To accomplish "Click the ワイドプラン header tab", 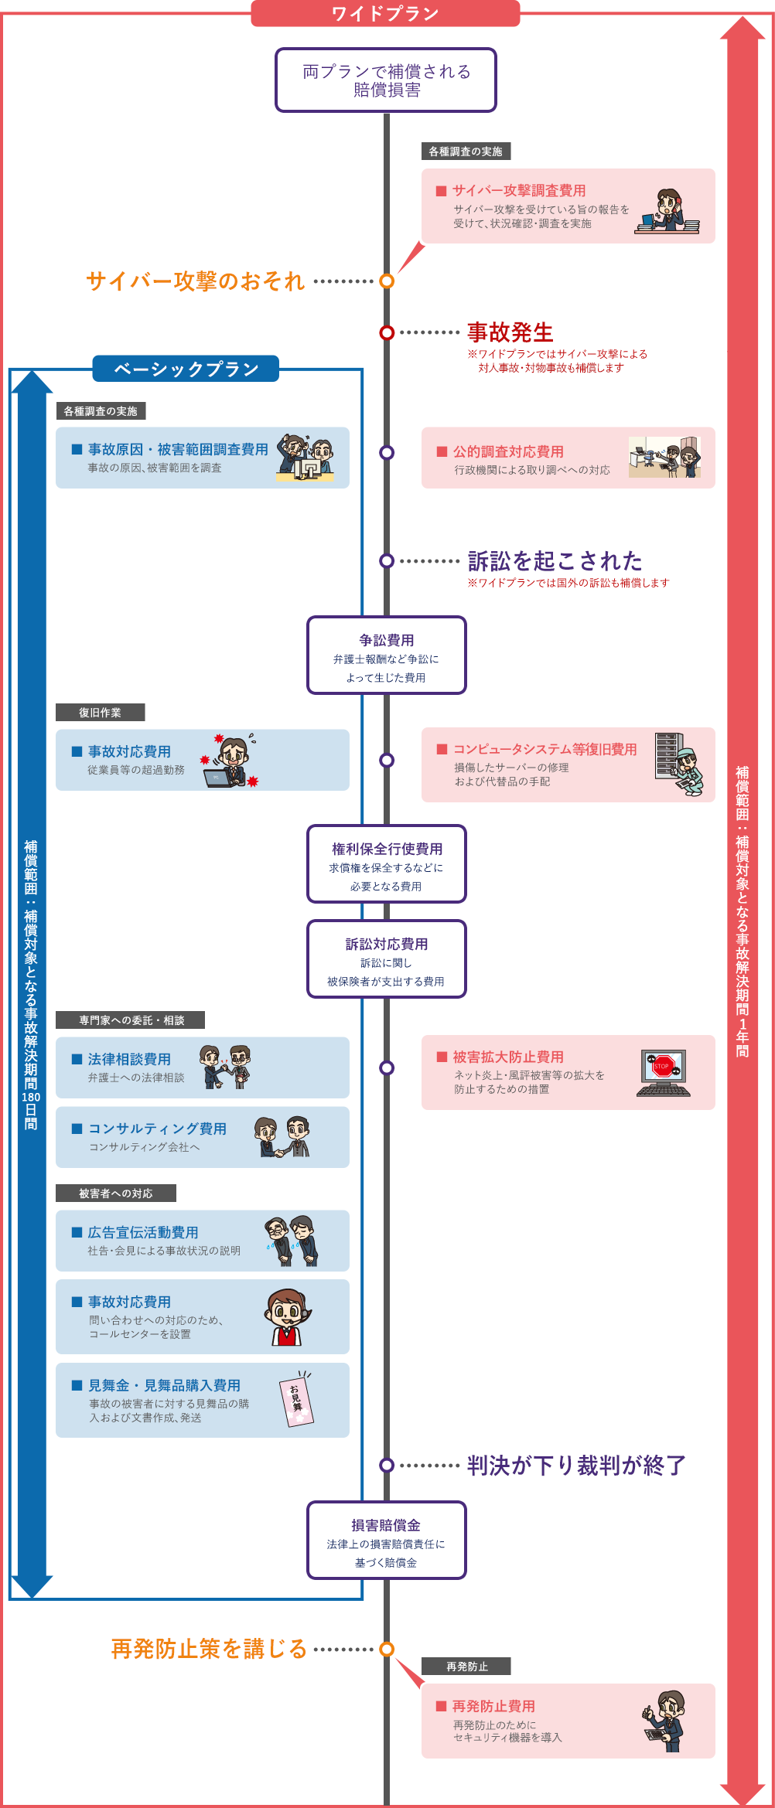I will pos(385,14).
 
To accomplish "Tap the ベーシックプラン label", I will pos(186,369).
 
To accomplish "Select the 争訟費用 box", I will pos(386,655).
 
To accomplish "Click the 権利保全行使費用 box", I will pos(386,864).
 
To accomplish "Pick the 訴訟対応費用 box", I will pos(386,959).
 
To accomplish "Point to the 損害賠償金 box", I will pos(386,1540).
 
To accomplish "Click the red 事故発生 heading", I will pos(510,332).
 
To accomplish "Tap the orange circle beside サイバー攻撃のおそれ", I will pos(387,281).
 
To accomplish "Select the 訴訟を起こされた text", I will pos(555,561).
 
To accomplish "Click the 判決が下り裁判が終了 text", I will pos(576,1466).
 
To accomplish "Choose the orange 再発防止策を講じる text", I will pos(209,1649).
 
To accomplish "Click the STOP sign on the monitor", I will pos(662,1066).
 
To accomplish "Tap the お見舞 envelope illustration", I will pos(297,1398).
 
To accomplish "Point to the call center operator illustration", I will pos(287,1317).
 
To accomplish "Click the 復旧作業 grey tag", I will pos(100,713).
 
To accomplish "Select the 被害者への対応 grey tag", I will pos(115,1193).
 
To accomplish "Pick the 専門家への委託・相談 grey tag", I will pos(131,1020).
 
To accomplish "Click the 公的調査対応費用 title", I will pos(508,451).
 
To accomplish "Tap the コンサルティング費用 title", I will pos(157,1129).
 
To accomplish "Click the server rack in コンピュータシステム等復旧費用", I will pos(666,755).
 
